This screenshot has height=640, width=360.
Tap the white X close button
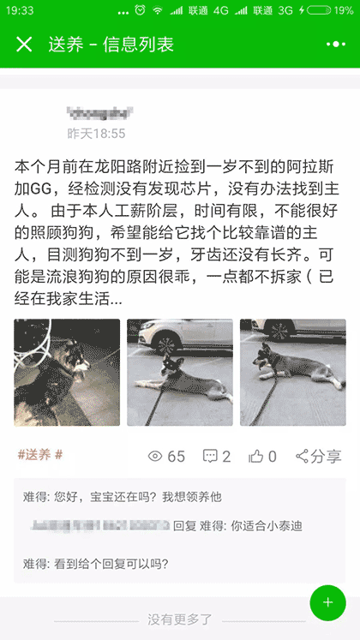pyautogui.click(x=24, y=45)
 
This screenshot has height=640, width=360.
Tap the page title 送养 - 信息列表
pyautogui.click(x=111, y=45)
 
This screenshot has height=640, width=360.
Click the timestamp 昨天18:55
pyautogui.click(x=97, y=134)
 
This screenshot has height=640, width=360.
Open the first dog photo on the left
pyautogui.click(x=67, y=373)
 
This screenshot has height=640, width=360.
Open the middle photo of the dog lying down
pyautogui.click(x=180, y=373)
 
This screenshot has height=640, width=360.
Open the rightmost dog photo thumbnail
pyautogui.click(x=292, y=373)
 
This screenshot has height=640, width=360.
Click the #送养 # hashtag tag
pyautogui.click(x=40, y=454)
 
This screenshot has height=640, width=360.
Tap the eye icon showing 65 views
pyautogui.click(x=155, y=457)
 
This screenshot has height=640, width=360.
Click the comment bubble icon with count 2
pyautogui.click(x=210, y=457)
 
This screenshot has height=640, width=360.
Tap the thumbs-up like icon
pyautogui.click(x=256, y=457)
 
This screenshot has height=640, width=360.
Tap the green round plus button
pyautogui.click(x=327, y=602)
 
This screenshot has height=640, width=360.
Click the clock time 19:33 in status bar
pyautogui.click(x=20, y=10)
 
